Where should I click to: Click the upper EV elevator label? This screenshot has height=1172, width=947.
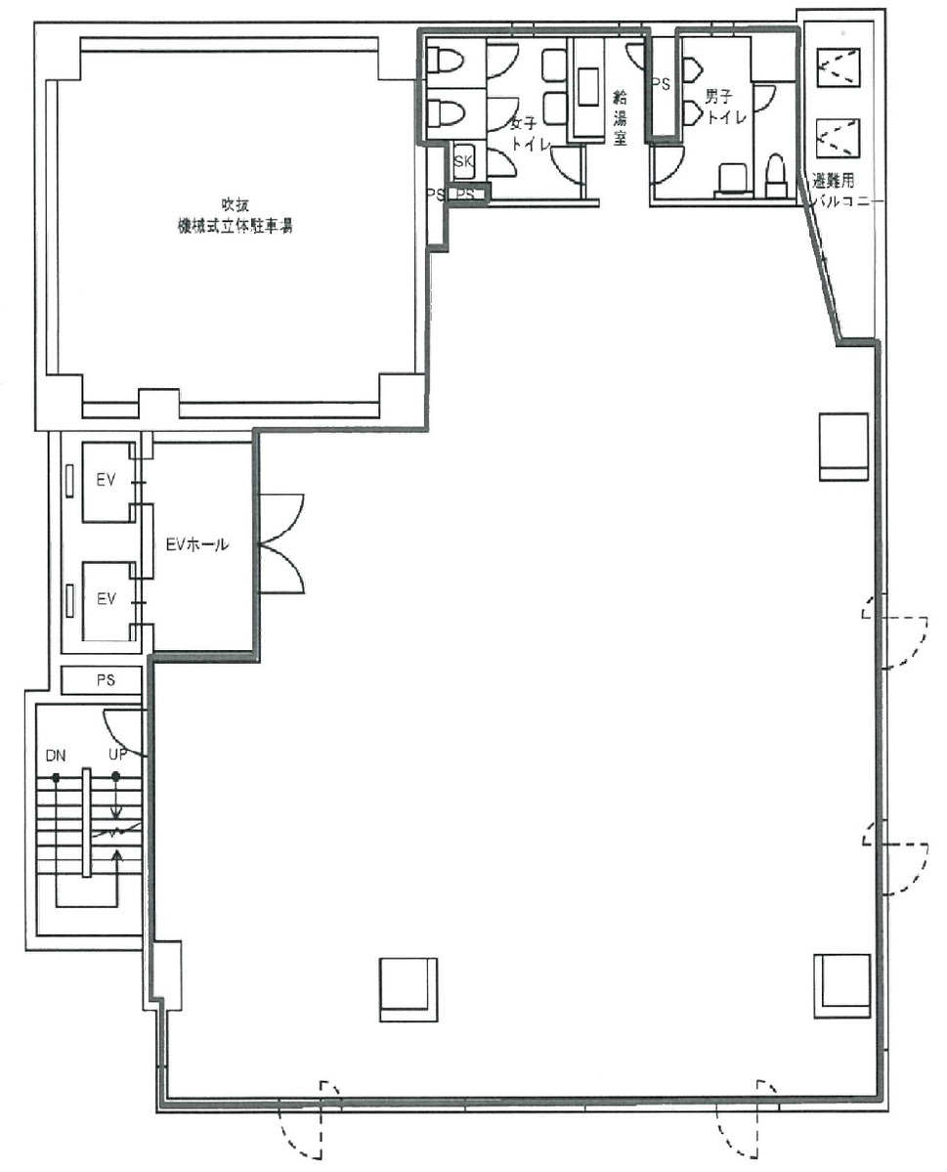point(105,481)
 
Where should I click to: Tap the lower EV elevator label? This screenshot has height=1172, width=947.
point(105,598)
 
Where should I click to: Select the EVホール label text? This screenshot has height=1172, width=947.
point(196,545)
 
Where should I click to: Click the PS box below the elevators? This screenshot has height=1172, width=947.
point(104,679)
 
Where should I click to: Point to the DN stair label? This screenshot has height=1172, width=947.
point(55,756)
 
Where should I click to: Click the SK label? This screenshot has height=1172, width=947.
point(463,161)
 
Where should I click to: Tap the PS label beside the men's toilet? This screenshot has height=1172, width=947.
point(662,84)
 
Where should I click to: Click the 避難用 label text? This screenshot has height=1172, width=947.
point(834,181)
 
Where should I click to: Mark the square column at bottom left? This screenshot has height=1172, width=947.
point(408,988)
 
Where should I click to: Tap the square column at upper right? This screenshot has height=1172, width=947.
point(843,445)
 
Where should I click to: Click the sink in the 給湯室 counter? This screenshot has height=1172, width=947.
point(588,88)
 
